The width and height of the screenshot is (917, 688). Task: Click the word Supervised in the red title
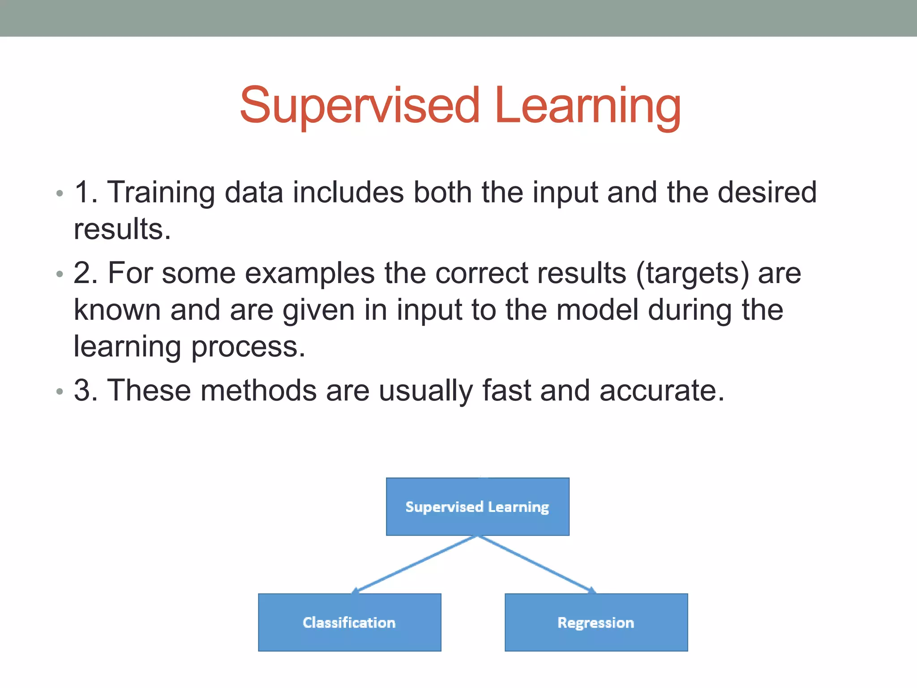360,106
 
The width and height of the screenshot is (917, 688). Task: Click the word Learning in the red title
588,106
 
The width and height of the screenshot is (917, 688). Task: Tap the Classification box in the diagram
349,622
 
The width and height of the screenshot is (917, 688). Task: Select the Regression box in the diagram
596,622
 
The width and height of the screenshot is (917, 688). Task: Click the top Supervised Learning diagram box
477,507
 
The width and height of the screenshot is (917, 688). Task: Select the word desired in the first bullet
767,193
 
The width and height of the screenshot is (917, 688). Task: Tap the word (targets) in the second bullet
692,273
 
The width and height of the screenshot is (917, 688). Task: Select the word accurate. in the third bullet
661,391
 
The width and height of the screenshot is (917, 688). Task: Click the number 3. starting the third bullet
86,391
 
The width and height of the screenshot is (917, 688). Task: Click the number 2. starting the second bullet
86,273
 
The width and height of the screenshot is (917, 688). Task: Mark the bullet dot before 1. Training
60,194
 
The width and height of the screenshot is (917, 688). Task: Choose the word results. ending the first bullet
122,229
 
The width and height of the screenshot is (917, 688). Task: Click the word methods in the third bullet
258,391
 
